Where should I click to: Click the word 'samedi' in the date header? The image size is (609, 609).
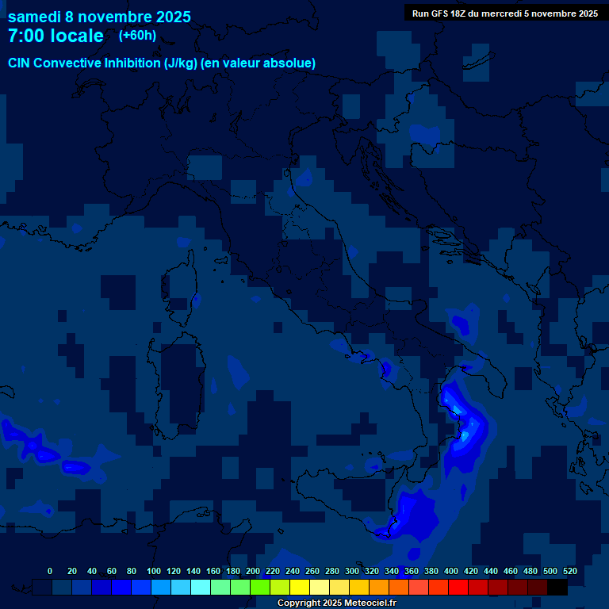pos(34,17)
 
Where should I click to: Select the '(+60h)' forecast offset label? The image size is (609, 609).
pos(137,35)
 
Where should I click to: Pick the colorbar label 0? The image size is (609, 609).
pos(50,571)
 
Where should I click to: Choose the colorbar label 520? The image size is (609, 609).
pos(569,571)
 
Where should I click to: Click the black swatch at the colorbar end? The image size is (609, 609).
pos(557,588)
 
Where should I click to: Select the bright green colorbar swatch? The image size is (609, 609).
pos(260,588)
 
